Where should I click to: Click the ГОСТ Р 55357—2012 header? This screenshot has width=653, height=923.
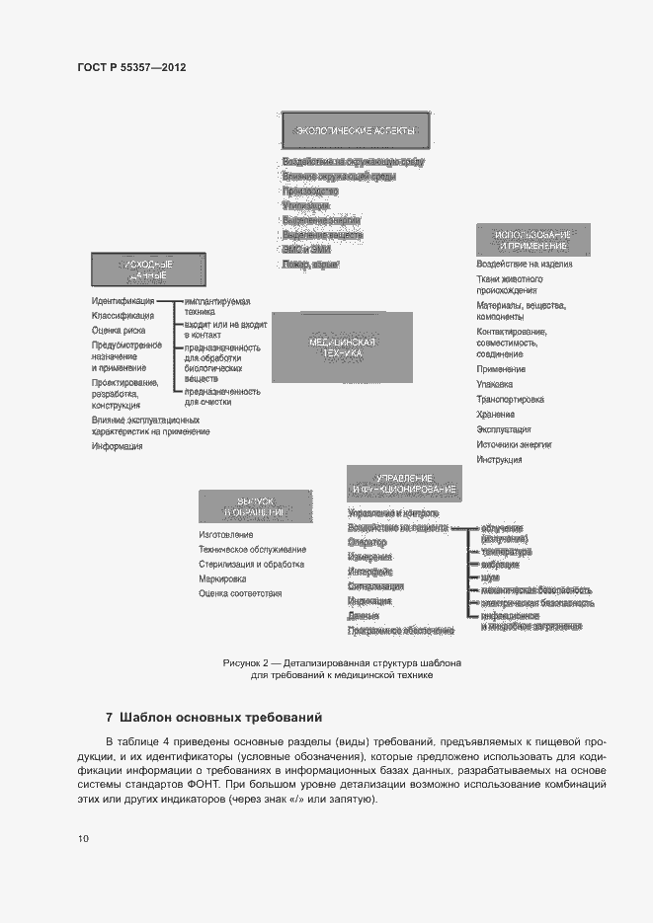coord(131,67)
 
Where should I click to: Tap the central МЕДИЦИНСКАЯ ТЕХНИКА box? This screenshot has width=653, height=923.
coord(342,346)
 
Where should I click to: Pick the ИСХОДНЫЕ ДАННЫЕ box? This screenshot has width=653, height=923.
coord(148,270)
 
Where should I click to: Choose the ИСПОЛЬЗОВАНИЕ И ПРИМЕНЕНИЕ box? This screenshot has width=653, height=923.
coord(533,239)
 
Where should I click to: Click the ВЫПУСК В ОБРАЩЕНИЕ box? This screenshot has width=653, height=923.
coord(255,505)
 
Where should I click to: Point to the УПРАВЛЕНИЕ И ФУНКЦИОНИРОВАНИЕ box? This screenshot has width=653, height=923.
coord(403,482)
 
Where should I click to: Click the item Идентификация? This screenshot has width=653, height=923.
coord(122,301)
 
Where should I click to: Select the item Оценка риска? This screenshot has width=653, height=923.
coord(119,330)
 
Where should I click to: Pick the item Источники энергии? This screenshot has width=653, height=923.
coord(514,444)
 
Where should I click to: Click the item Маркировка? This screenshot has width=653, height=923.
coord(222,578)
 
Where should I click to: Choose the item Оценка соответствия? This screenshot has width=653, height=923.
coord(240,593)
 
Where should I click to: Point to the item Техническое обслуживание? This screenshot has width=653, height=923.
coord(252,549)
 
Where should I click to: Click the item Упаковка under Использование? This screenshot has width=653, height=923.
coord(495,384)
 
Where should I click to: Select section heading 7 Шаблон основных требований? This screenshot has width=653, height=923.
coord(213,717)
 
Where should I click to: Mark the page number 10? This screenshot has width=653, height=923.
coord(83,839)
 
